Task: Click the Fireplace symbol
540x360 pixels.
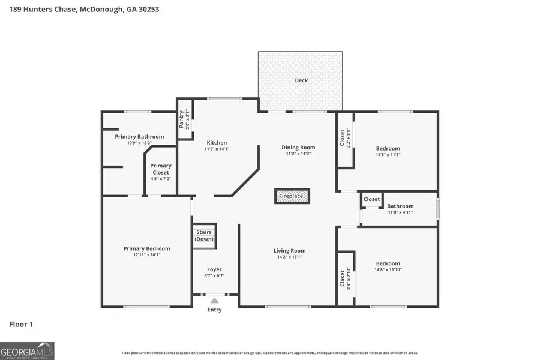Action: tap(293, 196)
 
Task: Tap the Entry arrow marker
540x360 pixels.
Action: tap(214, 301)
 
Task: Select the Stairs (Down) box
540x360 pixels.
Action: tap(204, 235)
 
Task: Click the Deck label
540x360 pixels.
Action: tap(301, 80)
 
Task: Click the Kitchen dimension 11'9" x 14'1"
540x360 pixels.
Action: tap(217, 149)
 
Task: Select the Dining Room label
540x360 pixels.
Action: tap(298, 148)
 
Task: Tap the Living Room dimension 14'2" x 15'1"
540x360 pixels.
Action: tap(290, 257)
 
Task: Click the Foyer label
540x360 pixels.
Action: tap(214, 269)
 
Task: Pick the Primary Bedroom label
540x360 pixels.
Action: tap(146, 248)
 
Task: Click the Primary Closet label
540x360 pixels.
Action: tap(161, 169)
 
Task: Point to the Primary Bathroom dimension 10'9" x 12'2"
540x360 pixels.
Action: tap(139, 143)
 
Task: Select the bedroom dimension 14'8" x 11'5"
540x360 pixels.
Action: tap(388, 155)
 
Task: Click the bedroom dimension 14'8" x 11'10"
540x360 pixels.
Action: tap(388, 270)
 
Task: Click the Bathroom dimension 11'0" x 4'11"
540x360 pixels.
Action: tap(400, 212)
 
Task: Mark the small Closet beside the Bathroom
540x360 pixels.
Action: tap(371, 199)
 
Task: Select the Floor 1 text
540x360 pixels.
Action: tap(21, 325)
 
